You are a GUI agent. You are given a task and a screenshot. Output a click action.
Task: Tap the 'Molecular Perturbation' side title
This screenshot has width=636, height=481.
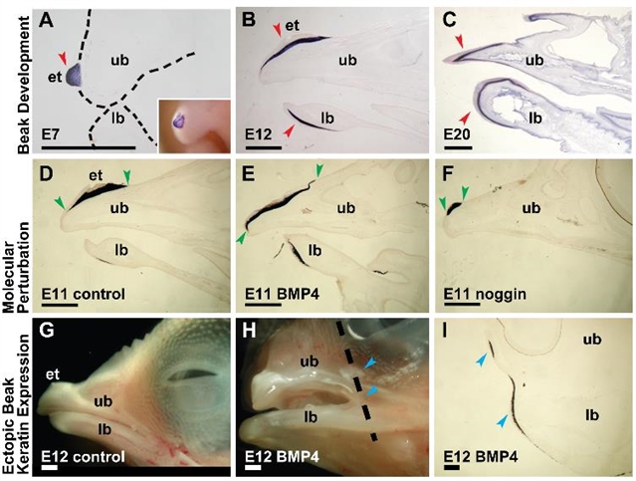click(x=17, y=231)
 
